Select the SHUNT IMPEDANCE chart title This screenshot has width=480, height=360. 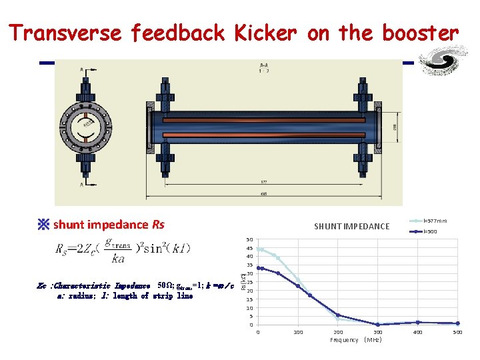point(351,227)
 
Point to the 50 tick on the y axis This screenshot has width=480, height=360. point(249,239)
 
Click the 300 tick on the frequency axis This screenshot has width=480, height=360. point(378,332)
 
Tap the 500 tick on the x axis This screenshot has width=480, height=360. point(457,332)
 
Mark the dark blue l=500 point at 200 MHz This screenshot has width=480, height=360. point(338,315)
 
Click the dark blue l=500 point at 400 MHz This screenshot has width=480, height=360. point(417,323)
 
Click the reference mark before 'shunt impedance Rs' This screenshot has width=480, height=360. point(44,225)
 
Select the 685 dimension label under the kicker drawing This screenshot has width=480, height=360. point(264,193)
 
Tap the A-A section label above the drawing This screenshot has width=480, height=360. point(264,66)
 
